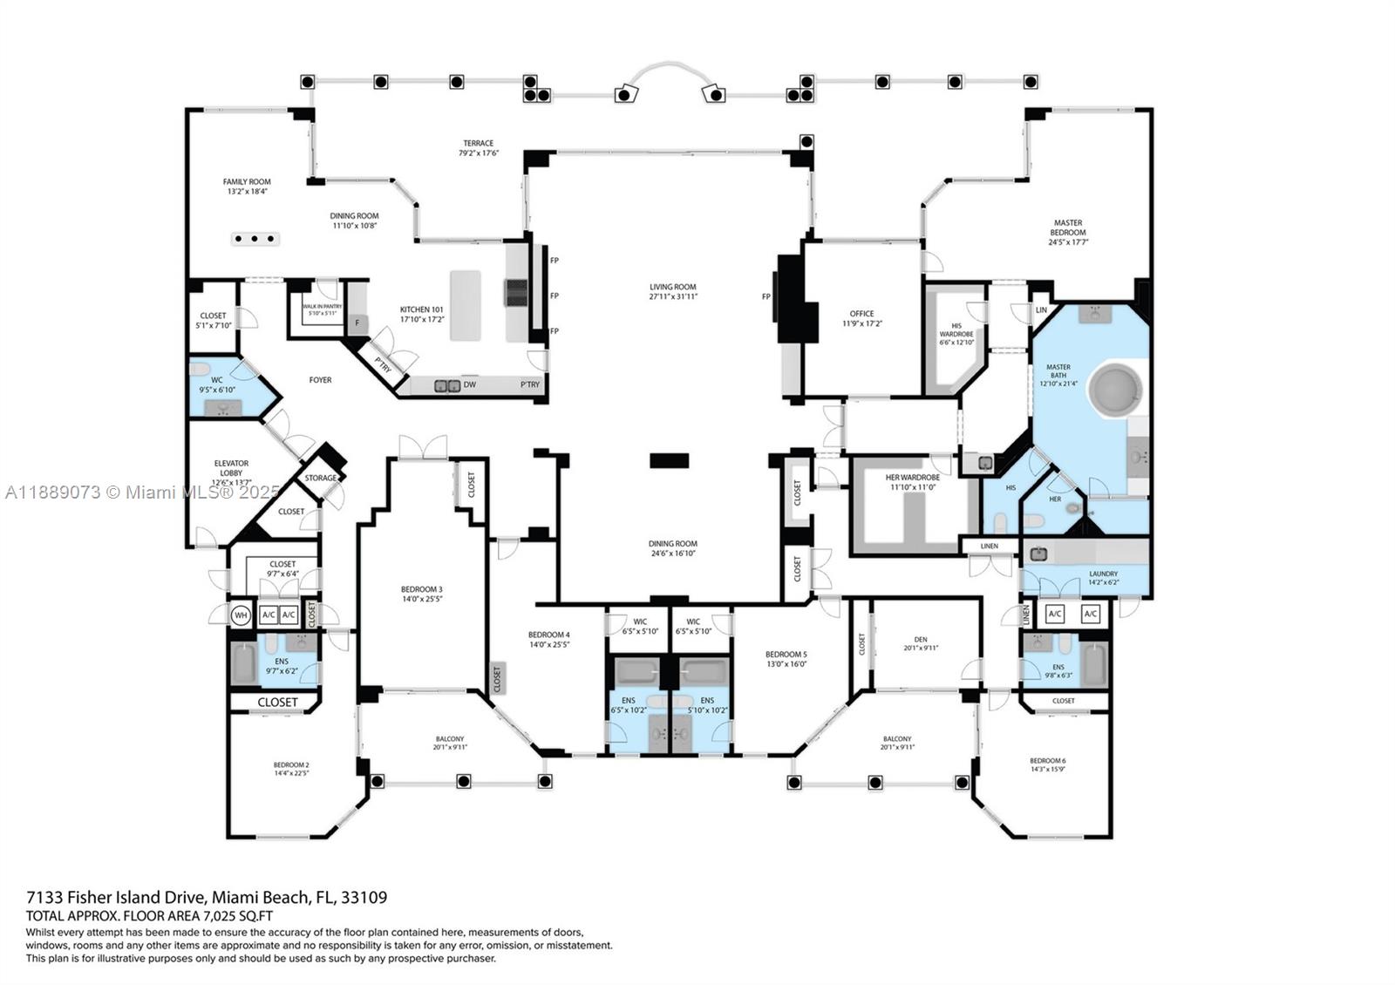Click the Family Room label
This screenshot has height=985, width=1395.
coord(247,182)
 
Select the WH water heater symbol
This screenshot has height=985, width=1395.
coord(241,615)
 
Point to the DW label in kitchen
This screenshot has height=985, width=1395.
coord(469,384)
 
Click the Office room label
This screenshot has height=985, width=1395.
coord(861,314)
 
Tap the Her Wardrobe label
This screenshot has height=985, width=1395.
coord(912,478)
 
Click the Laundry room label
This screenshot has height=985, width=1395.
coord(1103,574)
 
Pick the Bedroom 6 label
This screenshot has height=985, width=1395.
coord(1047,760)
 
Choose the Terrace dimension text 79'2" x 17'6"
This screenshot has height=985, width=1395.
coord(478,153)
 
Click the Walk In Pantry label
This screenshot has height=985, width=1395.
coord(323,307)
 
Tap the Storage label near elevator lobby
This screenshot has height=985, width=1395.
coord(321,478)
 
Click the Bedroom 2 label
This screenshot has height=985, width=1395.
coord(291,764)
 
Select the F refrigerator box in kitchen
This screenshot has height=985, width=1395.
coord(357,323)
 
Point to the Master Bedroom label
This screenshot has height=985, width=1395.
coord(1067,228)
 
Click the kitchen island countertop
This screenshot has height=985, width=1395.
coord(465,305)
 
